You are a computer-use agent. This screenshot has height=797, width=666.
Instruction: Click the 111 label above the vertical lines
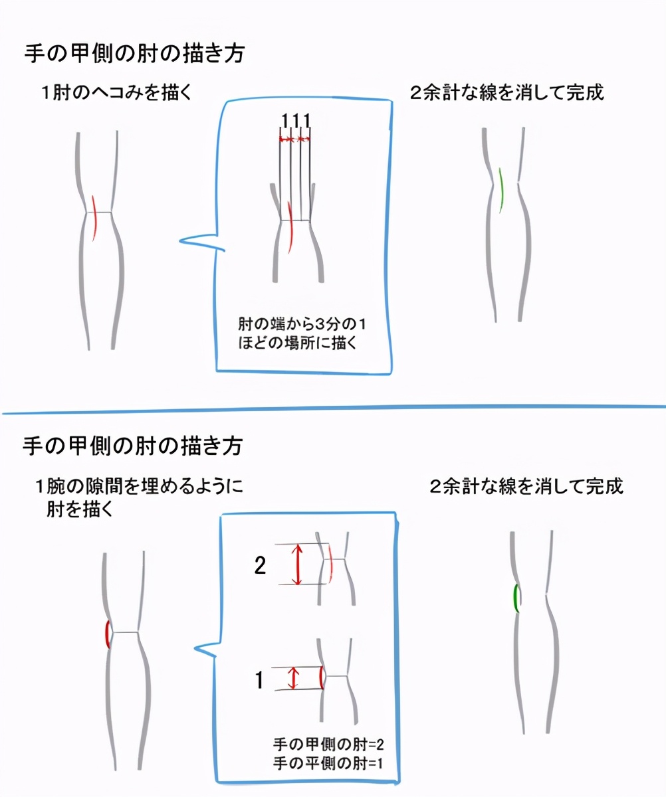tap(296, 121)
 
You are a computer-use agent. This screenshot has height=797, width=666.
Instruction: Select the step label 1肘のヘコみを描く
tap(116, 93)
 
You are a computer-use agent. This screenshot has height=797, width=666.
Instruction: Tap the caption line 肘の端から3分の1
tap(302, 324)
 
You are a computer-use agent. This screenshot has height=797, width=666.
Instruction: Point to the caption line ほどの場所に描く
tap(298, 343)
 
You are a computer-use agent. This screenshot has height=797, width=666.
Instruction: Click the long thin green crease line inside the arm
tap(501, 190)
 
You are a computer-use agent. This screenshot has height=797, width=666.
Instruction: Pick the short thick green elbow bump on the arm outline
tap(516, 598)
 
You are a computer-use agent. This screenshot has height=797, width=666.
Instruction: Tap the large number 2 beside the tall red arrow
tap(260, 565)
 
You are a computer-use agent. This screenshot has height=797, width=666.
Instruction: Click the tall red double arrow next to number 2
tap(297, 565)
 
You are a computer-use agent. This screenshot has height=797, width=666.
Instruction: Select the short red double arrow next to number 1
tap(293, 678)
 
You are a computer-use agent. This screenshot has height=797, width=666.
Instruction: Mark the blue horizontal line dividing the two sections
tap(333, 410)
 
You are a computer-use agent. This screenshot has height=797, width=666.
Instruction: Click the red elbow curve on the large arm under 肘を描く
tap(108, 634)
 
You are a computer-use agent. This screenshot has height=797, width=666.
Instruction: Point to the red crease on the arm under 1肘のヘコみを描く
tap(94, 218)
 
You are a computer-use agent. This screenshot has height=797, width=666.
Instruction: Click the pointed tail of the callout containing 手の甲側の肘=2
tap(195, 648)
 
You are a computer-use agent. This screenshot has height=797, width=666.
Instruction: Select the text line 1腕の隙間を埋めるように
tap(139, 486)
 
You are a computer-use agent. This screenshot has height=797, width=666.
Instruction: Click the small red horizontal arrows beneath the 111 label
tap(294, 139)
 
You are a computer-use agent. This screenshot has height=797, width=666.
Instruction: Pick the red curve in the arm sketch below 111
tap(290, 228)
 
